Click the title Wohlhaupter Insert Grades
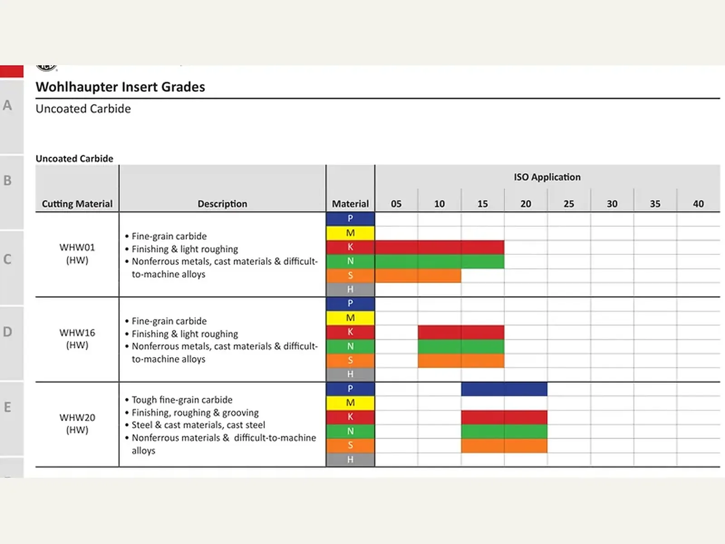tap(120, 87)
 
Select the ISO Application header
tap(547, 177)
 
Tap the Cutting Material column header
tap(77, 204)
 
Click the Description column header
tap(222, 204)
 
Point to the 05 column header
tap(396, 204)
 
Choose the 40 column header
tap(698, 204)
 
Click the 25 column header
tap(568, 204)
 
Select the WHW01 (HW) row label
tap(77, 254)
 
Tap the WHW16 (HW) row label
tap(77, 339)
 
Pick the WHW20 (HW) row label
tap(77, 423)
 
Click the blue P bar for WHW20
tap(504, 389)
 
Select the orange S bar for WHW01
tap(418, 276)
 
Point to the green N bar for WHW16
tap(461, 346)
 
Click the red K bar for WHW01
tap(440, 247)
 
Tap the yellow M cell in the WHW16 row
tap(350, 318)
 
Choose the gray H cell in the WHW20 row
tap(350, 459)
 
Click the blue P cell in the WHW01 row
tap(350, 219)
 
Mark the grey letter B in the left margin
tap(8, 181)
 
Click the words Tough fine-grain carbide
tap(182, 400)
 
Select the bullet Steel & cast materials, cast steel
tap(198, 425)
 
